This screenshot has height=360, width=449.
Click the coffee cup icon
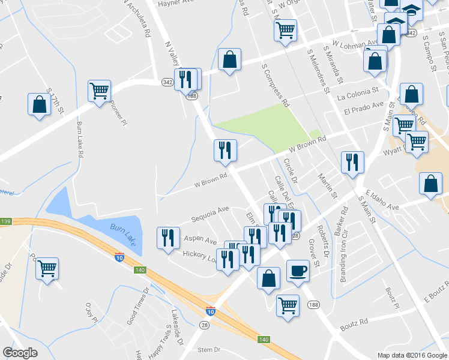point(298,271)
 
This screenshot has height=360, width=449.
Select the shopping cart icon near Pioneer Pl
point(99,91)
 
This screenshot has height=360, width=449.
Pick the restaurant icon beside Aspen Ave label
point(168,238)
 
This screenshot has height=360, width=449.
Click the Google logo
point(20,353)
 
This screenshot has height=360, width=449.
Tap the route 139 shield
point(5,222)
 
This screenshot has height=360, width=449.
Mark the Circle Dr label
point(291,170)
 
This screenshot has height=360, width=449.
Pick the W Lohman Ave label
point(350,45)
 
